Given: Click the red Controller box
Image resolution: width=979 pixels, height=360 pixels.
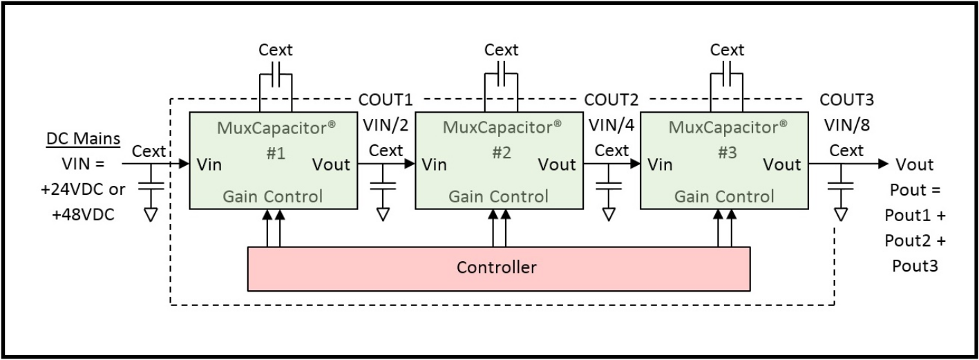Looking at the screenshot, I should (x=497, y=267).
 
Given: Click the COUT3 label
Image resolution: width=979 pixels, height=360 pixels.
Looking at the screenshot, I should (x=846, y=99).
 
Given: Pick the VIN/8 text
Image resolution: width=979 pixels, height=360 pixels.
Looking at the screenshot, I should (x=846, y=124).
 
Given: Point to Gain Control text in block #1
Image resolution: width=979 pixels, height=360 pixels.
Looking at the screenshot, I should (x=272, y=196).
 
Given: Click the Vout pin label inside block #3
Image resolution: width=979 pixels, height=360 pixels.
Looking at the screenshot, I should (x=781, y=164).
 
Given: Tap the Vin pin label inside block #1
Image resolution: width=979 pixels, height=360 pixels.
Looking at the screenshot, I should (x=209, y=164).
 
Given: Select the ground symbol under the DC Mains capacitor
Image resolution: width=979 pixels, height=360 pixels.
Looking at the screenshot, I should (x=150, y=214).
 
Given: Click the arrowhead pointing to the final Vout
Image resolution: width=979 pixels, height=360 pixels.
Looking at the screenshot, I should (x=883, y=164).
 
